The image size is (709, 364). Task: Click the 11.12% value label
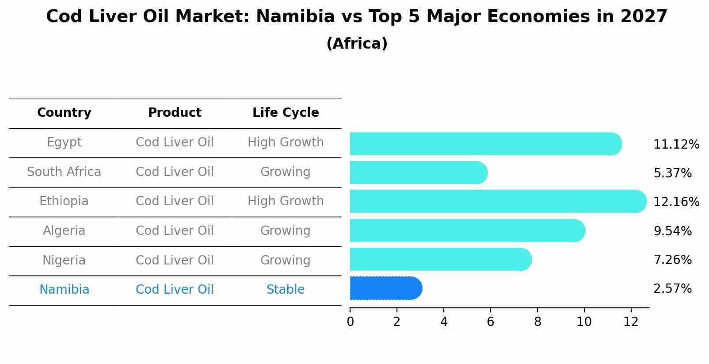coord(676,145)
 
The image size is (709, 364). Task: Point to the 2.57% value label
coord(672,289)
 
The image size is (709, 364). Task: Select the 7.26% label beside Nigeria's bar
coord(672,260)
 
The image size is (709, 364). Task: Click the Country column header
coord(64,113)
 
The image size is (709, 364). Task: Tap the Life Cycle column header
coord(286,113)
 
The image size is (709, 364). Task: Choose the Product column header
coord(175,113)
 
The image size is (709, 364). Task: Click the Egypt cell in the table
coord(64,142)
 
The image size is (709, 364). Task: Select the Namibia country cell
coord(64,290)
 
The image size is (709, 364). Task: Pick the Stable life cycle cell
coord(286,290)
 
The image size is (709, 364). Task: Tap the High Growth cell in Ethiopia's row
coord(286,201)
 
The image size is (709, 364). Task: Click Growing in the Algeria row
coord(286,231)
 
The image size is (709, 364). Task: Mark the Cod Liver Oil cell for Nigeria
coord(175,260)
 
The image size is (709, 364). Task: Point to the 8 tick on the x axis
coord(537,322)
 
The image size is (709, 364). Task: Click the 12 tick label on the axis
coord(631,322)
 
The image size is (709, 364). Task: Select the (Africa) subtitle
coord(357,44)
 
